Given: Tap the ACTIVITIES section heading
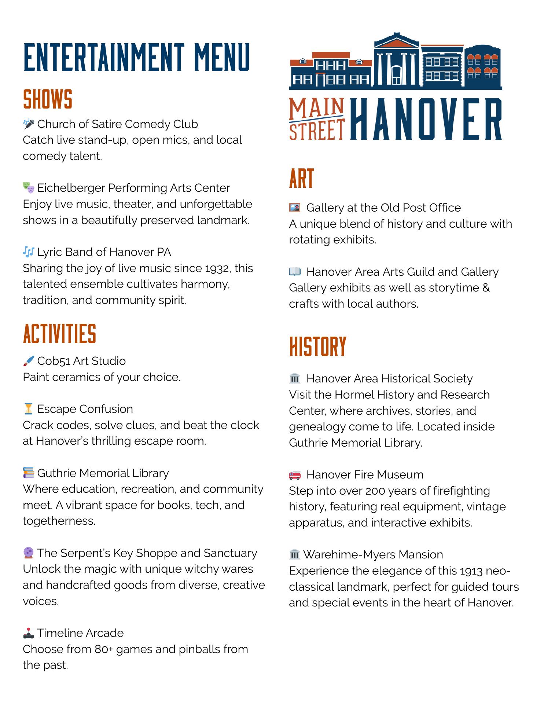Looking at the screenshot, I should tap(59, 334).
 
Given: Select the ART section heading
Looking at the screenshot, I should tap(301, 179).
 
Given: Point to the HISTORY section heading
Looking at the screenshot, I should tap(317, 346).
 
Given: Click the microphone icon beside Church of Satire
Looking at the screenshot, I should tap(29, 124).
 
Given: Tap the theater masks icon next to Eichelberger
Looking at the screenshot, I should tap(29, 188).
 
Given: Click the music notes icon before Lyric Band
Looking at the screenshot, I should tap(29, 252).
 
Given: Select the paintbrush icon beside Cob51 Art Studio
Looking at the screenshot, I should tap(29, 361).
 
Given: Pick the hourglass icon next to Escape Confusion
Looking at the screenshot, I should tap(29, 409).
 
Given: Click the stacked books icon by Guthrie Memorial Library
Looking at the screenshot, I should tap(29, 473).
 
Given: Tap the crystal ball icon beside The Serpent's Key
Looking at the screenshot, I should tap(29, 553).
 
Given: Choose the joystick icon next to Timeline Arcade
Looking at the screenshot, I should tap(29, 633).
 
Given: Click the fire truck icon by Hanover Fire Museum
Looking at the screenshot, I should tap(295, 475).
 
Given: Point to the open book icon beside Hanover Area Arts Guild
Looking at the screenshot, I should tap(295, 272).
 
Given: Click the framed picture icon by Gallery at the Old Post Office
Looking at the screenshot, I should tap(295, 208).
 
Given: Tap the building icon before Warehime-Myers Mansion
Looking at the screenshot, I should tap(295, 554).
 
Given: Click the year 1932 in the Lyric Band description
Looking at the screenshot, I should tap(217, 268).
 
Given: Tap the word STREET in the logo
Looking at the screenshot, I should tap(317, 130).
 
